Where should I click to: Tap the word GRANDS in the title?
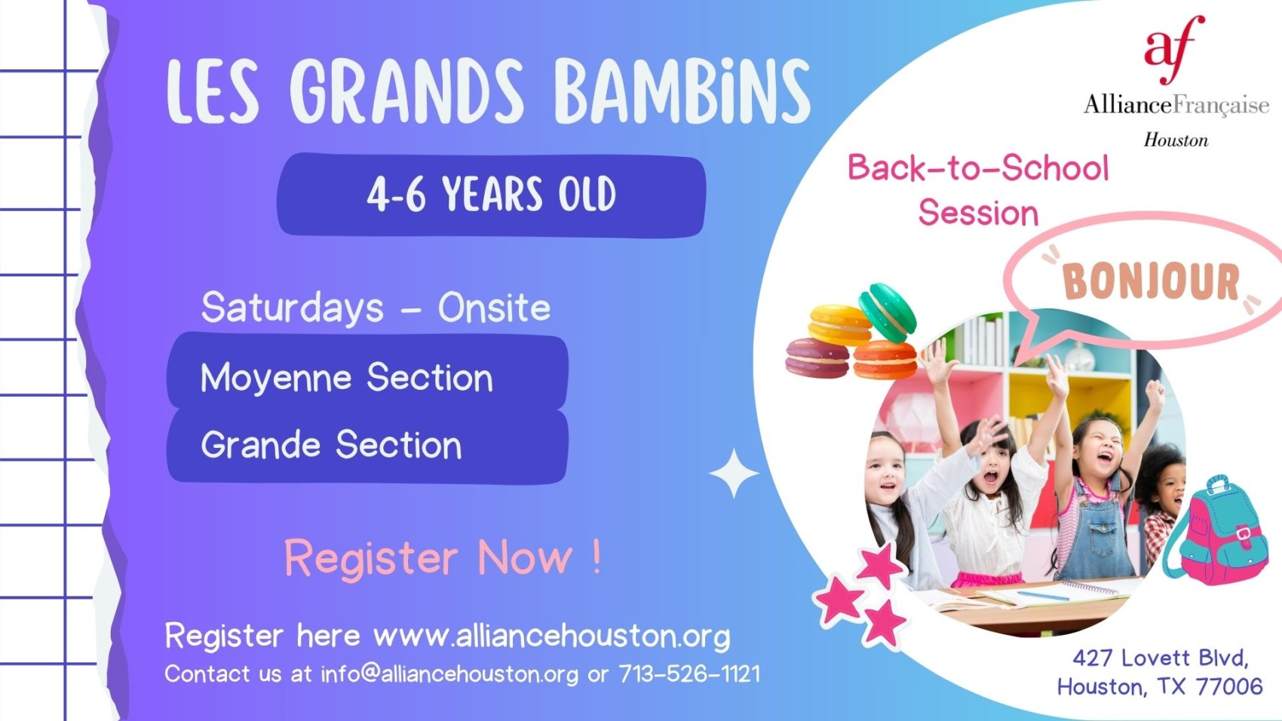[x=406, y=91]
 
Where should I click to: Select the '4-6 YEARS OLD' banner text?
[x=491, y=194]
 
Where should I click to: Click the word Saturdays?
[x=293, y=307]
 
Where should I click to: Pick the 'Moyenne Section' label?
[x=347, y=378]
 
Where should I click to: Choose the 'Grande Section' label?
[x=331, y=445]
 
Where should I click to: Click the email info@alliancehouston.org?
[x=449, y=674]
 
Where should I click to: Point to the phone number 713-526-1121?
[x=690, y=674]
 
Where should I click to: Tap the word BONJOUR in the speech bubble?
[x=1151, y=281]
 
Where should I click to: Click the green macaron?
[x=888, y=312]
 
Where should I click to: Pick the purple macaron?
[x=817, y=358]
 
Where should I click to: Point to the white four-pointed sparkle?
[x=734, y=473]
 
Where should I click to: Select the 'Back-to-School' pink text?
[x=978, y=168]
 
